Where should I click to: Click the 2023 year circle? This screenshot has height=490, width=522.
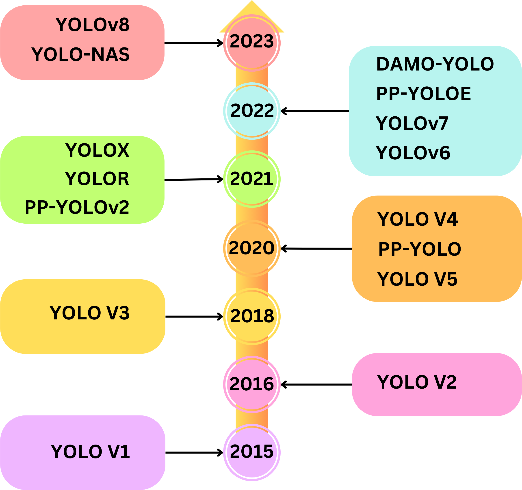252,43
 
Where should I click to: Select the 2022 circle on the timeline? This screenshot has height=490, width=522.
252,111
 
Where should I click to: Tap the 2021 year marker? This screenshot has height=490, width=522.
252,179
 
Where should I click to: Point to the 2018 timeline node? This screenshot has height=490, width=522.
252,316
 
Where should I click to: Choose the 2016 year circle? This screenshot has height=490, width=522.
252,385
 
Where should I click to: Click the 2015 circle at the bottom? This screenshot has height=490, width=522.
252,452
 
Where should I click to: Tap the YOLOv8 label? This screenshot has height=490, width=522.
92,25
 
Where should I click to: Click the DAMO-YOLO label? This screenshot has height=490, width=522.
435,64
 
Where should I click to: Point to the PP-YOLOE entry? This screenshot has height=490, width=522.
424,94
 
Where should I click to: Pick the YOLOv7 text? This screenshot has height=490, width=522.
412,123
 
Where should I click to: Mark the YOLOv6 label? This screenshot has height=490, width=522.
413,153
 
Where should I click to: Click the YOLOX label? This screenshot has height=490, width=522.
97,150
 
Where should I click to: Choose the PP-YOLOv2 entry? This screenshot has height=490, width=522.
77,208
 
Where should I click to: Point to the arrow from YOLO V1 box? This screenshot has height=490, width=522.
194,452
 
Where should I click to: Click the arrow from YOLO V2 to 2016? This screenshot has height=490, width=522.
316,385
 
